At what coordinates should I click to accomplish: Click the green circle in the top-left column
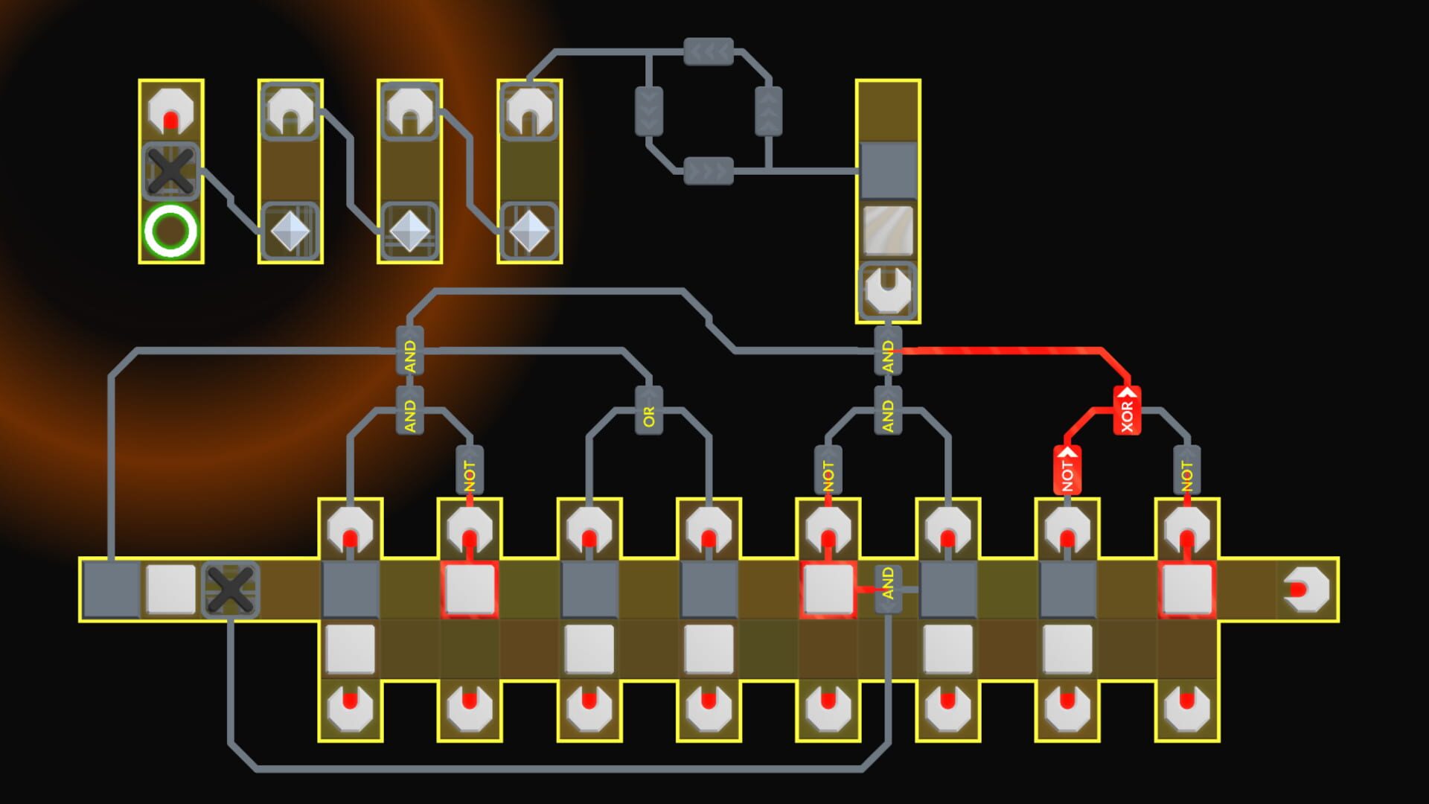coord(170,231)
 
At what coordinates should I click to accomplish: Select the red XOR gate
coord(1127,411)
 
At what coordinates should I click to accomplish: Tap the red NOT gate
coord(1067,470)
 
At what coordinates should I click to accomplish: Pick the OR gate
coord(648,411)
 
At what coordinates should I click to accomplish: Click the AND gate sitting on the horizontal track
coord(887,589)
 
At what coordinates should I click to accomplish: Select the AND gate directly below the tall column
coord(887,351)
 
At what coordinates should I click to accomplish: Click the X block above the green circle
coord(170,171)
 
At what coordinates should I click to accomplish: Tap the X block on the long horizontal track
coord(230,589)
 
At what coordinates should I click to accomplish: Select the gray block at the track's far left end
coord(111,590)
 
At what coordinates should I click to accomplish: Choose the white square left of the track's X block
coord(170,590)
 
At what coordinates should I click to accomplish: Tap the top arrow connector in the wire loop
coord(709,52)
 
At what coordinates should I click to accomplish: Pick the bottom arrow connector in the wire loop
coord(709,171)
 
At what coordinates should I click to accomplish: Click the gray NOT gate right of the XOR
coord(1186,470)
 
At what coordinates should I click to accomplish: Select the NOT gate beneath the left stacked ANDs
coord(469,470)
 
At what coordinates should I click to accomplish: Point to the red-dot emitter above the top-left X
coord(170,112)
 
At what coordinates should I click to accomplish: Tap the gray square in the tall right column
coord(888,171)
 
